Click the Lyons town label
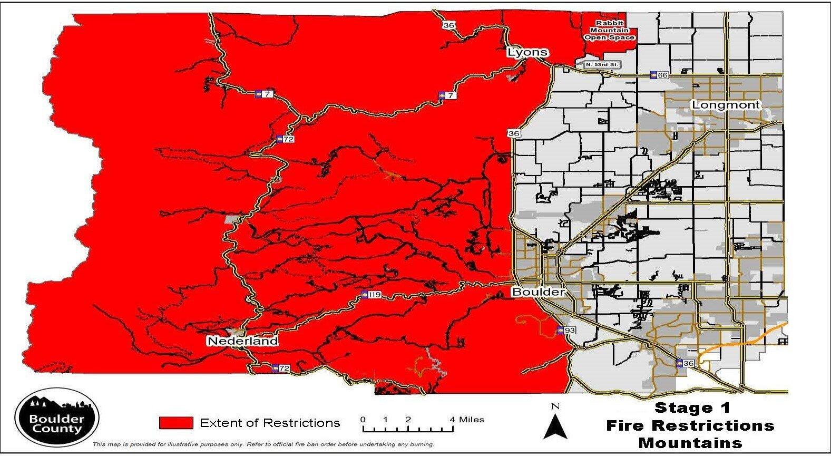527,52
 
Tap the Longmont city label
726,105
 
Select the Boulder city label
538,292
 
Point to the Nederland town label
242,341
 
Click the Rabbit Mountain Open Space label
609,31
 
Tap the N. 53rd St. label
603,65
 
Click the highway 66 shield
659,75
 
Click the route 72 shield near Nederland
280,368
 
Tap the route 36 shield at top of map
448,25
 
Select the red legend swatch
176,423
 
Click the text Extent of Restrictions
269,423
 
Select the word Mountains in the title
690,443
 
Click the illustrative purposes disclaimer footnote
263,444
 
